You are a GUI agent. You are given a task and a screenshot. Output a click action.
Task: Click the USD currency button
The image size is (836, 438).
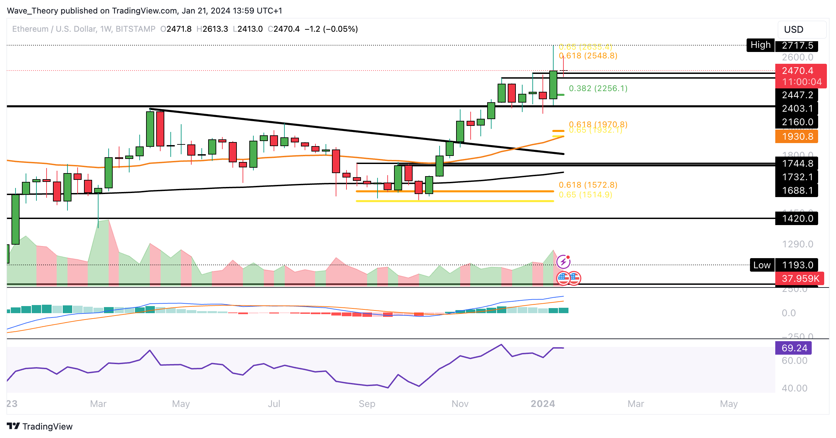[802, 30]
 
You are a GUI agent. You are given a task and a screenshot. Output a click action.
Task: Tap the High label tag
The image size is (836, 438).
[760, 45]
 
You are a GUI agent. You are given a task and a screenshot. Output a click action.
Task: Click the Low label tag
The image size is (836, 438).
[762, 265]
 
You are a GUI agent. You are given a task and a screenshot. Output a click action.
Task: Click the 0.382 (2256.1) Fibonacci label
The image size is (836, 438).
[598, 88]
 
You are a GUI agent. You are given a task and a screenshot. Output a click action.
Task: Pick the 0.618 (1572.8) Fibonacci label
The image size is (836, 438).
[588, 185]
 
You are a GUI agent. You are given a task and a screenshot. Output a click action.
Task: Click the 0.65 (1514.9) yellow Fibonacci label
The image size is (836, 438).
[585, 195]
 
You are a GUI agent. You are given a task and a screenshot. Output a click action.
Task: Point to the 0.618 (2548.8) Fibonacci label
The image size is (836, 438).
[588, 56]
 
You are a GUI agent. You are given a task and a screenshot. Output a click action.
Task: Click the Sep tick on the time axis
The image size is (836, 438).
[367, 404]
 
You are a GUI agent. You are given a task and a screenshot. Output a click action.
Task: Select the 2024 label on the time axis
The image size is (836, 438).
[542, 404]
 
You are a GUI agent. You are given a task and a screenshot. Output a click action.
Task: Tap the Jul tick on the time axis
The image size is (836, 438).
[274, 404]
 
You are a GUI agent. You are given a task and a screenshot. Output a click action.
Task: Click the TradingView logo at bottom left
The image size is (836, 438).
[40, 427]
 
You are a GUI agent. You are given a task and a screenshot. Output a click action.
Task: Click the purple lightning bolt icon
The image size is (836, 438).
[563, 262]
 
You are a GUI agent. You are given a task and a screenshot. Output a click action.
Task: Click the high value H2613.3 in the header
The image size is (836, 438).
[213, 29]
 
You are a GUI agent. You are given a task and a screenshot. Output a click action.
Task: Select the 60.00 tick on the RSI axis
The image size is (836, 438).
[794, 361]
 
